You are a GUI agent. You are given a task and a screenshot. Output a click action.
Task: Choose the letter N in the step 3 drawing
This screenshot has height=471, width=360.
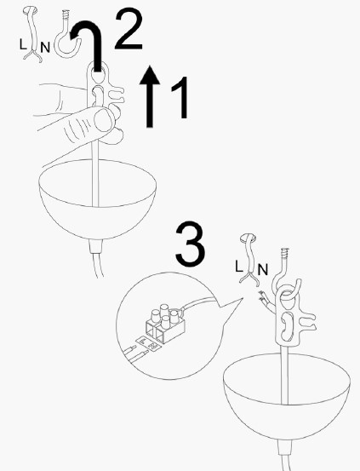tap(263, 271)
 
